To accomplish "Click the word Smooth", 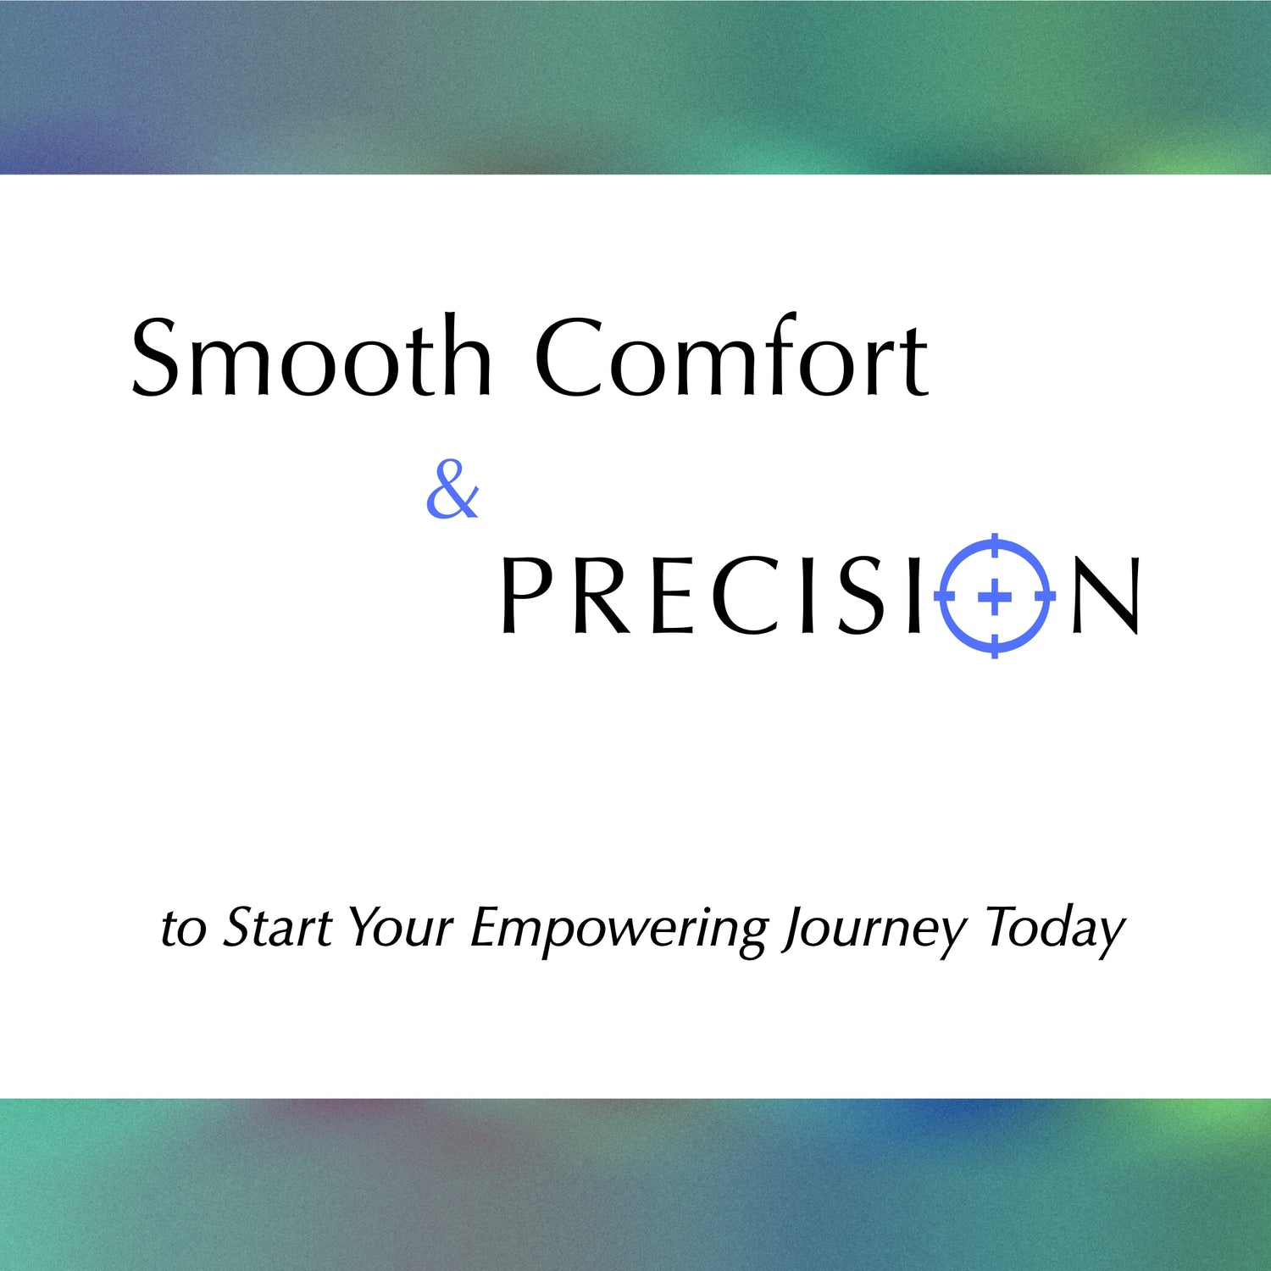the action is point(312,356).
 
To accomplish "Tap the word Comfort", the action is point(732,356).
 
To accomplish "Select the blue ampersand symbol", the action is point(452,489).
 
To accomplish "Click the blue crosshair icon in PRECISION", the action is point(995,596).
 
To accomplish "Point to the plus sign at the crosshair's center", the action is point(995,597).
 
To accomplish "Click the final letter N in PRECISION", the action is point(1106,595).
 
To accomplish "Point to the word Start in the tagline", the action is point(278,927).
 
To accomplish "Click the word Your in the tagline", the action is point(401,927).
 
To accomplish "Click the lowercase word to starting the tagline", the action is point(183,930).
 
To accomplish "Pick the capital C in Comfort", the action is point(569,357).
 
